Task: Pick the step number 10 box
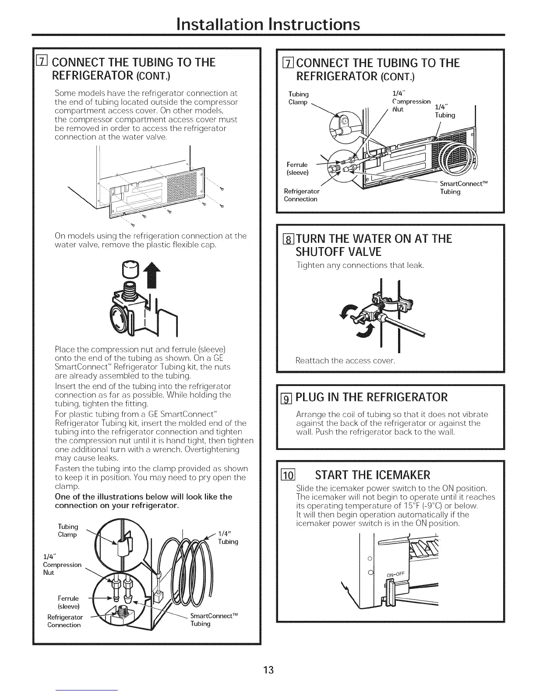pos(289,475)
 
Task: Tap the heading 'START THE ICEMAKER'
pos(373,475)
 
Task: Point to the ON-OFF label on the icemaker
pos(397,575)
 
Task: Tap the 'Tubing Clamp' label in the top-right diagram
pos(299,98)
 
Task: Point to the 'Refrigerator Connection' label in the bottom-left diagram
pos(64,621)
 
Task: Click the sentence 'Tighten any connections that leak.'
pos(360,265)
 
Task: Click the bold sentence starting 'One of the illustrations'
pos(143,501)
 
